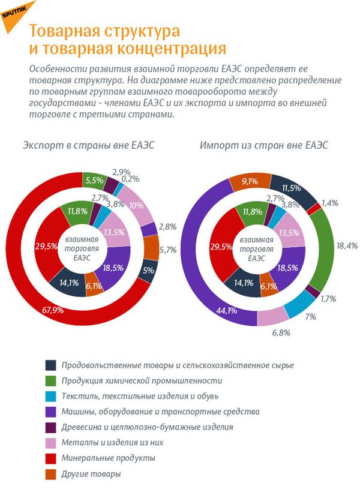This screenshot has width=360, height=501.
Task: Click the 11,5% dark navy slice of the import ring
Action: pyautogui.click(x=292, y=188)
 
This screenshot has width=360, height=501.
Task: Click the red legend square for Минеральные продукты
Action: pyautogui.click(x=52, y=458)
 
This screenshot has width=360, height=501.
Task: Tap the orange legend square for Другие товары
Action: pyautogui.click(x=52, y=473)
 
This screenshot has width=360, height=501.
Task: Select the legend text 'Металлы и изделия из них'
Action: pyautogui.click(x=112, y=442)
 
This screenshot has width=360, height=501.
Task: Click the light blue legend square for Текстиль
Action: pyautogui.click(x=52, y=395)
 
